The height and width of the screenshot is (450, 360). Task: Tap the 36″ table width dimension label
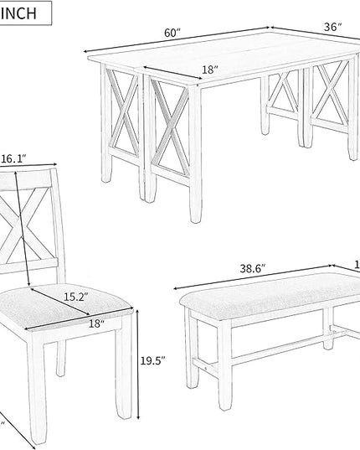tap(333, 28)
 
